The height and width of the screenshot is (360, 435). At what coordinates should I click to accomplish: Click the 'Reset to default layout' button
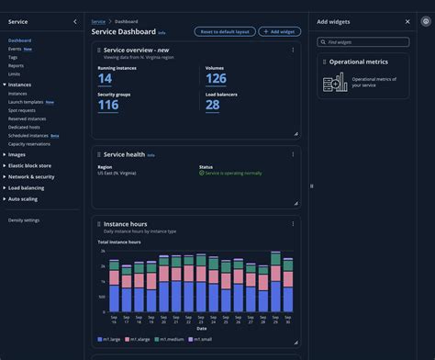tap(225, 31)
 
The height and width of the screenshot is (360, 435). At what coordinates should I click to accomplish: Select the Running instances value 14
tap(106, 79)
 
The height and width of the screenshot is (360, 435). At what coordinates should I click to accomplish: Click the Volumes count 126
tap(216, 79)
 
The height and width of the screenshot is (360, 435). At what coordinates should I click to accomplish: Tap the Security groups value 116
tap(108, 105)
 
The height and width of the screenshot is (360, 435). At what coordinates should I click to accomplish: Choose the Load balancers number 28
tap(212, 105)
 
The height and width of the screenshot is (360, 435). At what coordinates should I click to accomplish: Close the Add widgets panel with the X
tap(407, 21)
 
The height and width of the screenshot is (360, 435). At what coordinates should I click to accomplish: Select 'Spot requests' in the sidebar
tap(22, 110)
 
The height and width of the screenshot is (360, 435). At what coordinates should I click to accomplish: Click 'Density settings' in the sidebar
tap(24, 220)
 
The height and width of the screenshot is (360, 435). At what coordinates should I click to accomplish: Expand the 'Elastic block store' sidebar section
tap(29, 165)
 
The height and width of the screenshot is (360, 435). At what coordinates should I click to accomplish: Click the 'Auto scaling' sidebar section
tap(23, 198)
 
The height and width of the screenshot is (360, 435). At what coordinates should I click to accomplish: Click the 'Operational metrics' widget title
tap(358, 62)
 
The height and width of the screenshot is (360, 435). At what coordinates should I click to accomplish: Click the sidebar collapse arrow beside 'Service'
tap(74, 21)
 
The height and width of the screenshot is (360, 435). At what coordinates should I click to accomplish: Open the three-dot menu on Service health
tap(293, 154)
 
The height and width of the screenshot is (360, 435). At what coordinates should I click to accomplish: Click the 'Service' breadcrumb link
tap(98, 20)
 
